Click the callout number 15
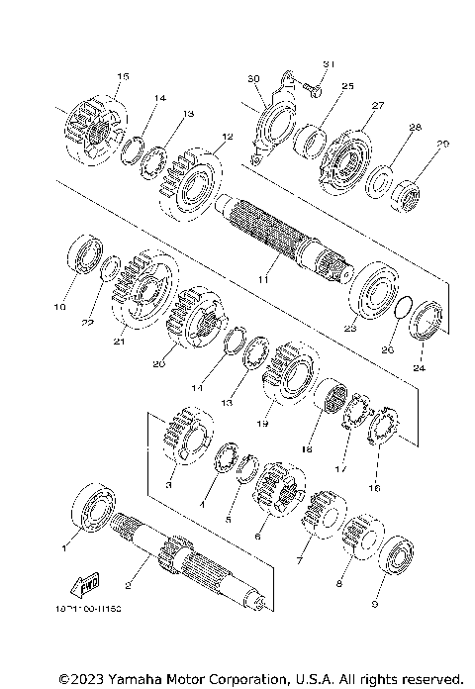123,76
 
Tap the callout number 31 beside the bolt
330,64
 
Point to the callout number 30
252,78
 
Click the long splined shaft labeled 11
277,238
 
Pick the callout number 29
442,145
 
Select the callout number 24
420,367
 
